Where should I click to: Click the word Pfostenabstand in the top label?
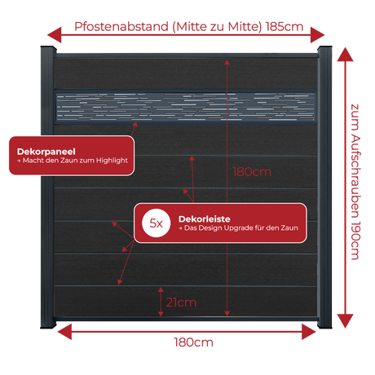point(121,27)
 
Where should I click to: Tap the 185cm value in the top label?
point(285,27)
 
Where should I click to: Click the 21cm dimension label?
point(181,302)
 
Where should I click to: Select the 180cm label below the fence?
point(193,342)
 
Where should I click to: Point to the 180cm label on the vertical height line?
point(252,172)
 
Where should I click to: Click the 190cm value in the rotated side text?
point(355,240)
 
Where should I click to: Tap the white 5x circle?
point(157,223)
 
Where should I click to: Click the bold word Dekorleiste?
point(205,219)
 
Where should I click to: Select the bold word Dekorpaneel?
point(46,152)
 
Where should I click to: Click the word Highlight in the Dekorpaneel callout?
point(112,161)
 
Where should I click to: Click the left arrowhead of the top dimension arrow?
point(55,35)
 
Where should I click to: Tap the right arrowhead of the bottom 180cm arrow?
point(309,332)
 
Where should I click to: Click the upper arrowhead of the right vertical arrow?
point(345,55)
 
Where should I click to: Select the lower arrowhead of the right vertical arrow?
point(345,321)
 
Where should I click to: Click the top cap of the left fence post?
point(48,49)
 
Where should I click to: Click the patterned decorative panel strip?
point(186,107)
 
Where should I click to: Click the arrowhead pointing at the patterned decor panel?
point(135,125)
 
